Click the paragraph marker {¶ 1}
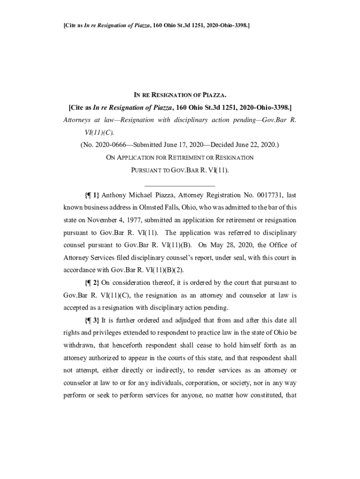pos(92,195)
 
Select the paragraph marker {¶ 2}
pos(92,283)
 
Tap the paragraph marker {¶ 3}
pos(92,320)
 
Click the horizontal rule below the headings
pos(180,186)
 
